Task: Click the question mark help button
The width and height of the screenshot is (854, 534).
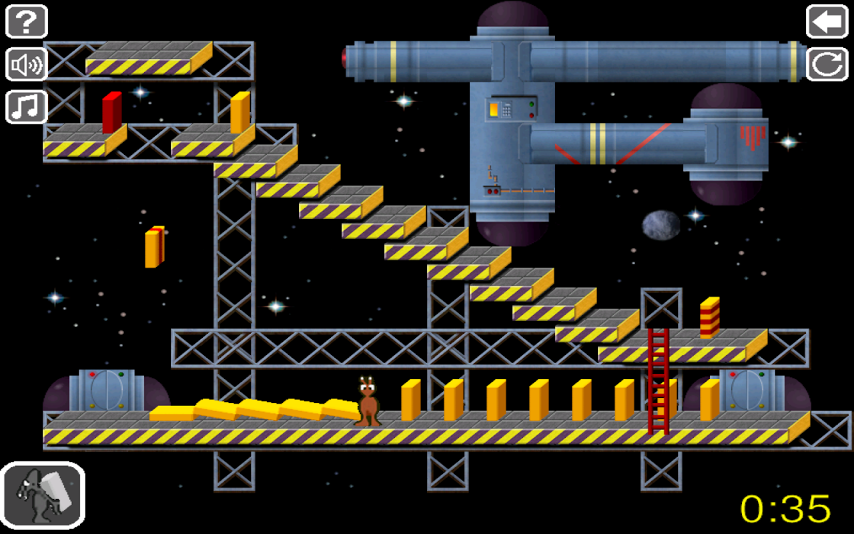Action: (x=26, y=21)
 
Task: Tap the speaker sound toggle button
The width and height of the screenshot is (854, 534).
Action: (x=26, y=64)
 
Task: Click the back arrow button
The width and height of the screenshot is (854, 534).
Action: (x=827, y=21)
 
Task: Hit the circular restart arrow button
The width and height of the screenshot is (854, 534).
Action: (x=827, y=64)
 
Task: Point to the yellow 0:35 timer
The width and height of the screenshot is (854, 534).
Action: (x=785, y=509)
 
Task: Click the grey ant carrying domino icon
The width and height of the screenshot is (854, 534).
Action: (x=43, y=495)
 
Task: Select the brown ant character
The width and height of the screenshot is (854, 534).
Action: (x=368, y=401)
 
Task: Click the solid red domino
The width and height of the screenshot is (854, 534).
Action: (x=112, y=112)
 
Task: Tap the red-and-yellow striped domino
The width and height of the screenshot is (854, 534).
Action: (x=709, y=317)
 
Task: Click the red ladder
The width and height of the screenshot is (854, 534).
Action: (x=658, y=381)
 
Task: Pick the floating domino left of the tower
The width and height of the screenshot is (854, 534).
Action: (x=154, y=246)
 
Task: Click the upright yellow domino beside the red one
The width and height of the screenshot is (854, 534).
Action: (x=240, y=112)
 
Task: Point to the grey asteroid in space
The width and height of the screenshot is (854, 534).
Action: (x=661, y=225)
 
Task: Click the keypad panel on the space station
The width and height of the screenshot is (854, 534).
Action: (x=506, y=109)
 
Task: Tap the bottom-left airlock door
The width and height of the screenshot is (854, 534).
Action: (x=107, y=390)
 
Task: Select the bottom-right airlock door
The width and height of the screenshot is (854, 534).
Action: (x=747, y=390)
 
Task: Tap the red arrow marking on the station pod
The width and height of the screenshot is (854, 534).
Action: (x=753, y=137)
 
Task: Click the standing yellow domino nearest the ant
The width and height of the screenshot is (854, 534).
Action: (x=410, y=400)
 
